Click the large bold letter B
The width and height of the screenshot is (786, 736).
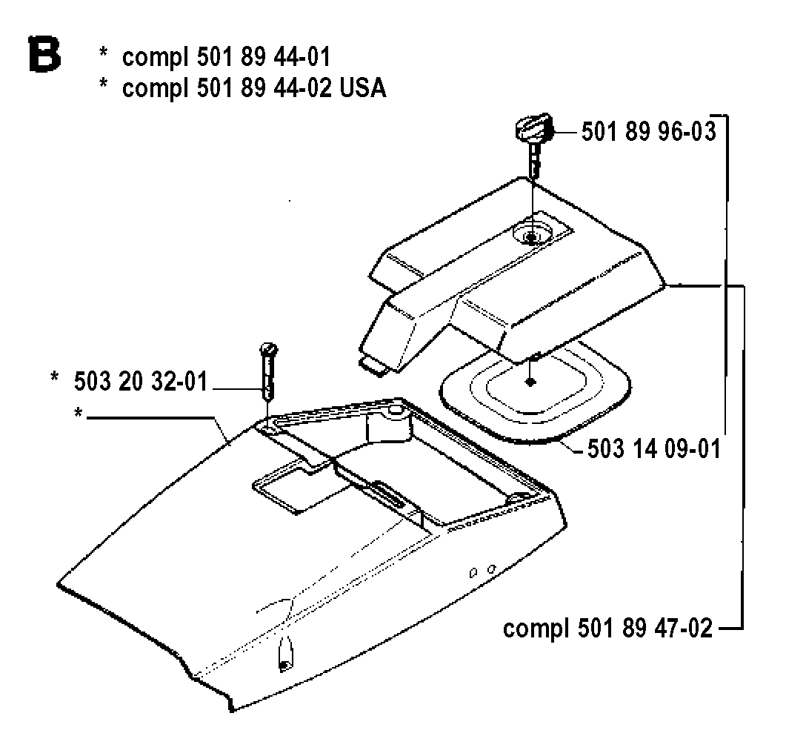point(45,53)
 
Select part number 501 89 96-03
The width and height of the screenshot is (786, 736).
point(649,132)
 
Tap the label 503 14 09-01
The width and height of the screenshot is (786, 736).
point(653,448)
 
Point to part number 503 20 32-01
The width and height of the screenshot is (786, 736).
point(141,382)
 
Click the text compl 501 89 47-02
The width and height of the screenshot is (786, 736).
point(607,628)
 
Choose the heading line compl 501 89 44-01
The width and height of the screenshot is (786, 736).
point(227,56)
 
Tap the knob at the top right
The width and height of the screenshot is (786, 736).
point(533,128)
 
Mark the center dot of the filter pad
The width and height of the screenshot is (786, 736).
point(530,382)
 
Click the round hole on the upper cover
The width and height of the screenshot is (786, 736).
point(532,233)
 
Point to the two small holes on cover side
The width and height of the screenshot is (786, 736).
point(482,571)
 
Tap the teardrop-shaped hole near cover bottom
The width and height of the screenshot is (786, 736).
point(285,655)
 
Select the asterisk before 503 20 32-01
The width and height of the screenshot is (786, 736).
point(55,377)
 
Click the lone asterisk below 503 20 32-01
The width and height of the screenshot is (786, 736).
point(78,413)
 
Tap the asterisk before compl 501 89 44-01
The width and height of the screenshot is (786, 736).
point(103,52)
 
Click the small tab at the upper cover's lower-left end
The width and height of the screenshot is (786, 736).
point(374,365)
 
